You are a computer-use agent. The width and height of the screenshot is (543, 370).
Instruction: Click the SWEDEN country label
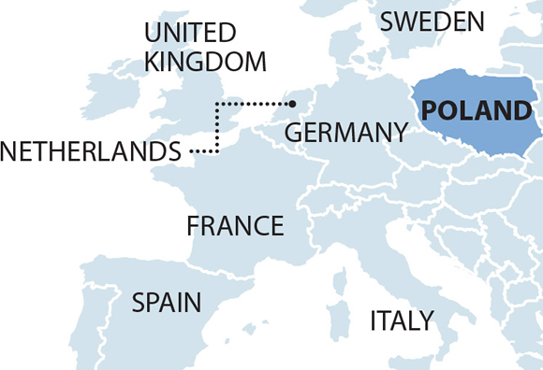(x=433, y=21)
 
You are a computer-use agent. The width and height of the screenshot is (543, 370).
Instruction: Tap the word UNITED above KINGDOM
(x=190, y=34)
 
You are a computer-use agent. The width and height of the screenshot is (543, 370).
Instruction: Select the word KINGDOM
(x=205, y=62)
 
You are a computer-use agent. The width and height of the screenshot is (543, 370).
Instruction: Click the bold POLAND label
(x=476, y=111)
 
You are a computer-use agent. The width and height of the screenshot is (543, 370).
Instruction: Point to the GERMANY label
(x=345, y=133)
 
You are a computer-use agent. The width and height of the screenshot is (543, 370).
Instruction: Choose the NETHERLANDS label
(x=91, y=151)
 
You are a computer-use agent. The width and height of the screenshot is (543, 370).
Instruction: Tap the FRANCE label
(x=235, y=226)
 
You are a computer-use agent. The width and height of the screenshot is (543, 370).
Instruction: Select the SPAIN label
(x=166, y=302)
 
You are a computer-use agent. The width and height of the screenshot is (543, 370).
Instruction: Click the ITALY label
(x=402, y=321)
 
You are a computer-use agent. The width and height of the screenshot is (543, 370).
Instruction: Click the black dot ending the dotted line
(x=294, y=103)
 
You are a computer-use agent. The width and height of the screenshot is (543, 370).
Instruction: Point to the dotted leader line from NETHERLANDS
(x=217, y=126)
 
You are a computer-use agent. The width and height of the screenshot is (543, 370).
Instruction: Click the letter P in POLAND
(x=430, y=111)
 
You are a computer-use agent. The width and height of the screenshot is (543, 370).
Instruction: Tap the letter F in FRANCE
(x=193, y=226)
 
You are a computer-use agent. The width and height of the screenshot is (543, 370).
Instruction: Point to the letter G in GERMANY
(x=294, y=133)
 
